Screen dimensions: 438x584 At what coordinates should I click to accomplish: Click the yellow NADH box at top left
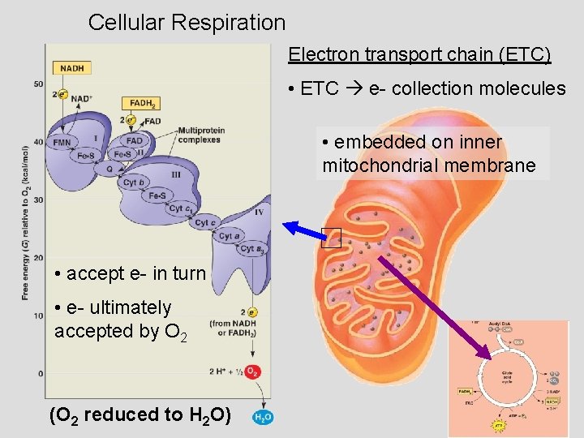73,69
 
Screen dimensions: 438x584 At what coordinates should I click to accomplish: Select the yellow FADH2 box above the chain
140,104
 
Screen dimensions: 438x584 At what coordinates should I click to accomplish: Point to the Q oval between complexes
109,169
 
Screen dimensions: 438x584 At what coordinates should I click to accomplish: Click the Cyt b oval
135,182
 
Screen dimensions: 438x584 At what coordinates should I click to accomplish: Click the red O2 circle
252,371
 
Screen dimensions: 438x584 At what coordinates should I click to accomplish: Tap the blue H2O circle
264,417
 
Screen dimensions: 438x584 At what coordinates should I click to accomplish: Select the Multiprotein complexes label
199,135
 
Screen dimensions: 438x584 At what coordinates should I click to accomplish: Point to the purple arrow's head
487,354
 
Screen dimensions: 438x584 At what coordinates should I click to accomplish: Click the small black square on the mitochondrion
331,237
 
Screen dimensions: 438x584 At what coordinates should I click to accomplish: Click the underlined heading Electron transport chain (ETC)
419,54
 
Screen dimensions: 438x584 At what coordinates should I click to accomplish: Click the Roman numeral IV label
259,213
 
